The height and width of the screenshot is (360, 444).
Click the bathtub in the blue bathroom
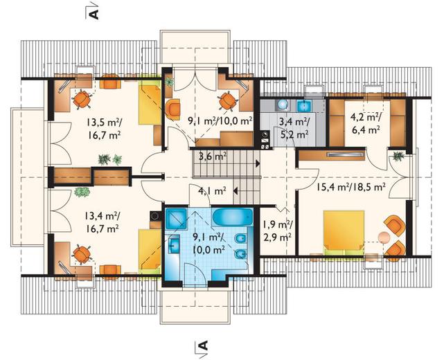[232, 217]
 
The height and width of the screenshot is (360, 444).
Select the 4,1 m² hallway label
[212, 191]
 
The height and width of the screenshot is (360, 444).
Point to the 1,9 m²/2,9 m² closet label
[277, 230]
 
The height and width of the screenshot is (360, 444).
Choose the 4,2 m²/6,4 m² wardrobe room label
[366, 123]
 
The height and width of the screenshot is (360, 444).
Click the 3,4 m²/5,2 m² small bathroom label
[294, 127]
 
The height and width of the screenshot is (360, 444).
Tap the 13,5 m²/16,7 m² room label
[104, 127]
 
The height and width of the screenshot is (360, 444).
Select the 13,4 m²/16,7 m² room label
[101, 222]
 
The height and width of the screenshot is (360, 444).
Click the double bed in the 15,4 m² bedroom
[344, 231]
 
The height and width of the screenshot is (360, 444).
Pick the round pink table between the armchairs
[384, 237]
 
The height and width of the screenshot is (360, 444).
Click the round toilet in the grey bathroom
[283, 105]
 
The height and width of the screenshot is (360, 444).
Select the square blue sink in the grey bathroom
[304, 105]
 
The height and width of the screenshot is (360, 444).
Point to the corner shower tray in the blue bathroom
[176, 219]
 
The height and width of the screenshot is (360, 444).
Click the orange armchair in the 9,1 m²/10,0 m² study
[172, 109]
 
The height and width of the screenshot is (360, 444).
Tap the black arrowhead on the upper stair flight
[258, 163]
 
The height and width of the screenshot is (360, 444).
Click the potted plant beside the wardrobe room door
[398, 156]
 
